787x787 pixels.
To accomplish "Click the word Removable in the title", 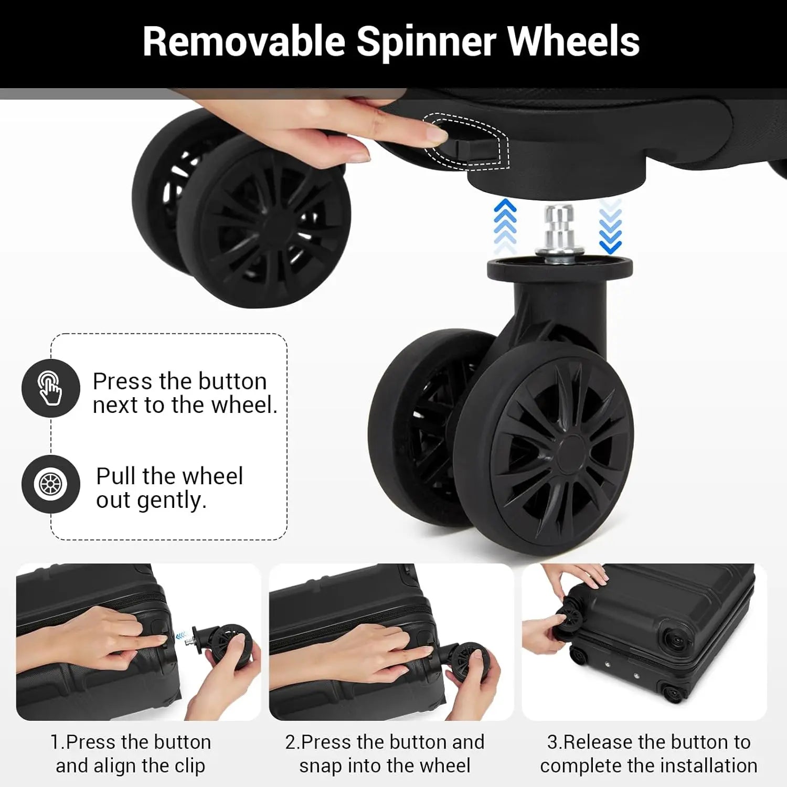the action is click(x=244, y=41).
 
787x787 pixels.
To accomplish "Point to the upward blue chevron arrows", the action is click(x=505, y=227).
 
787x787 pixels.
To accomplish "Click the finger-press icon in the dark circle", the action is click(x=50, y=388).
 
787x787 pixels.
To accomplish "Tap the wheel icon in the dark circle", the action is click(x=50, y=484).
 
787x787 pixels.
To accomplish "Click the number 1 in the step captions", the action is click(x=55, y=742).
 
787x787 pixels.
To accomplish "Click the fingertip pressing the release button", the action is click(x=437, y=135).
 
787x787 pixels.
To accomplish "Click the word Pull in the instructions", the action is click(x=116, y=476).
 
